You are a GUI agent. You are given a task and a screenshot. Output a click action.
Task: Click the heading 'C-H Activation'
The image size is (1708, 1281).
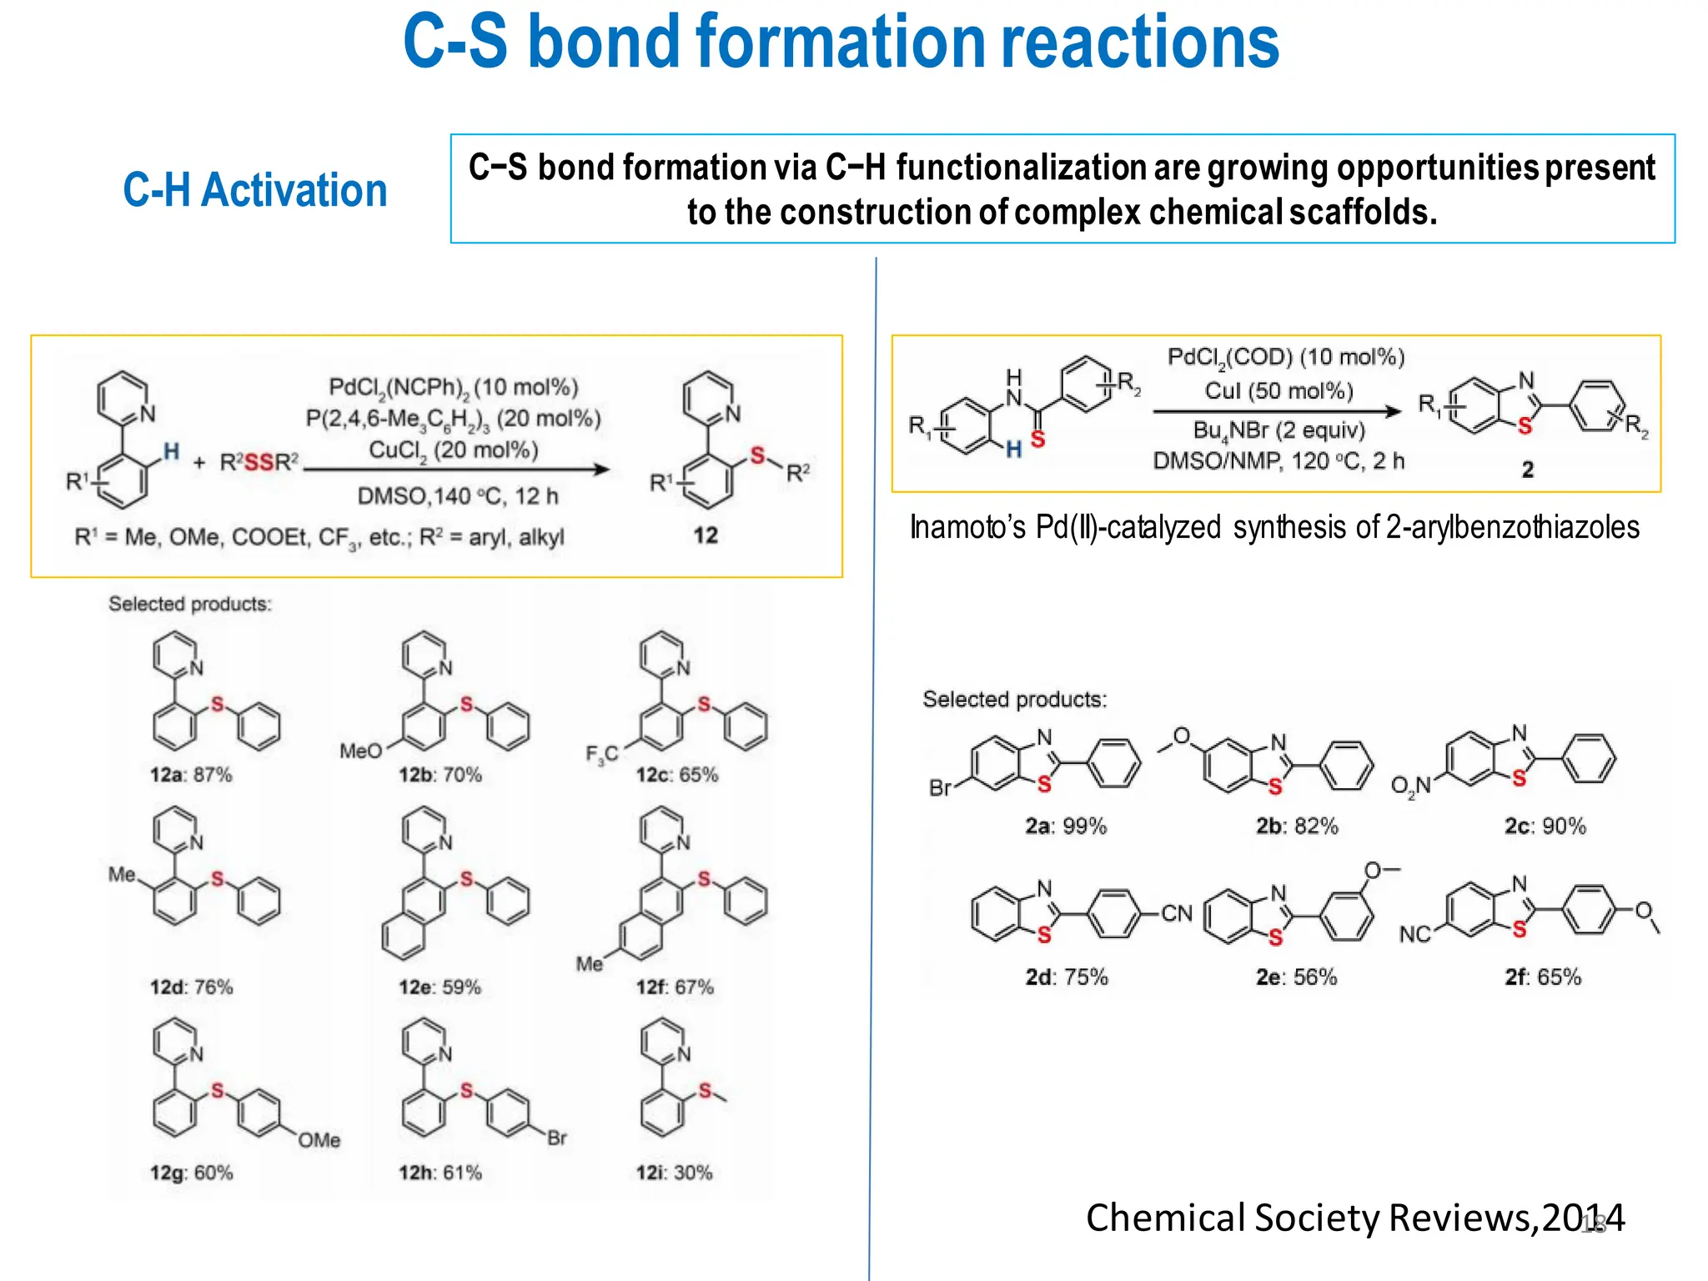click(255, 190)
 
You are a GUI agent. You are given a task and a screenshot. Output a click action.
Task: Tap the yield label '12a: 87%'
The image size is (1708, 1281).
click(191, 775)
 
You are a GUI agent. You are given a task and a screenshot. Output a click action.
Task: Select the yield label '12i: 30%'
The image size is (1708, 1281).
click(674, 1173)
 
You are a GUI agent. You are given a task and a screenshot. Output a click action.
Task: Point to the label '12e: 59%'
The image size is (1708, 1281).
click(440, 987)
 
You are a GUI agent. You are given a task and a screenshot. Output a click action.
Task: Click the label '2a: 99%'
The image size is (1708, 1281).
click(1066, 826)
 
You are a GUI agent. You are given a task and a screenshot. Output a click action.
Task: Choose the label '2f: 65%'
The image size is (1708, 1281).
click(1543, 977)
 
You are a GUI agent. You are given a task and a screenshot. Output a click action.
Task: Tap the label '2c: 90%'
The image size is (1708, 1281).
click(1545, 826)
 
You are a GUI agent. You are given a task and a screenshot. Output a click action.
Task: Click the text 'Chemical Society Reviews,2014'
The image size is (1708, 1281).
click(1354, 1218)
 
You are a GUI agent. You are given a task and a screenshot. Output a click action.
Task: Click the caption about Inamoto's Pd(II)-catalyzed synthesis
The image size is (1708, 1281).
click(1274, 528)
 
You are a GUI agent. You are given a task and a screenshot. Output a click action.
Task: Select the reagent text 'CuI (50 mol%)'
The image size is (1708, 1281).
click(1278, 391)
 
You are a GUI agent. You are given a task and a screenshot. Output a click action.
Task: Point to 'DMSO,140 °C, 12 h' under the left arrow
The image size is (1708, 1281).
click(458, 496)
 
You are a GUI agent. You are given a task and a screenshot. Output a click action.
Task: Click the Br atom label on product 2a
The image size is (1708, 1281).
click(941, 788)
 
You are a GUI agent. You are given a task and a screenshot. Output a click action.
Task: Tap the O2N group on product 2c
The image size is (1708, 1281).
click(1410, 786)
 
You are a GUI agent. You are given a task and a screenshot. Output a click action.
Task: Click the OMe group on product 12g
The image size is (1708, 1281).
click(319, 1140)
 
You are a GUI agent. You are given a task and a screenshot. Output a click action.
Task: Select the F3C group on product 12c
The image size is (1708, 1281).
click(601, 755)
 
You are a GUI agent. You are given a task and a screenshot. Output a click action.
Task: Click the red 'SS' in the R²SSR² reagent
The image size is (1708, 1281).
click(259, 462)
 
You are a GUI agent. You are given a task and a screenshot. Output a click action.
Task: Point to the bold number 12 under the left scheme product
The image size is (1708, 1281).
click(706, 535)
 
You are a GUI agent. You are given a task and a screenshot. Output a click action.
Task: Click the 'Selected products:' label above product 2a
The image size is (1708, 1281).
click(1014, 699)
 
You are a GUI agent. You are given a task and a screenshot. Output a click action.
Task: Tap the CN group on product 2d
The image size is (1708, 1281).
click(1177, 914)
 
